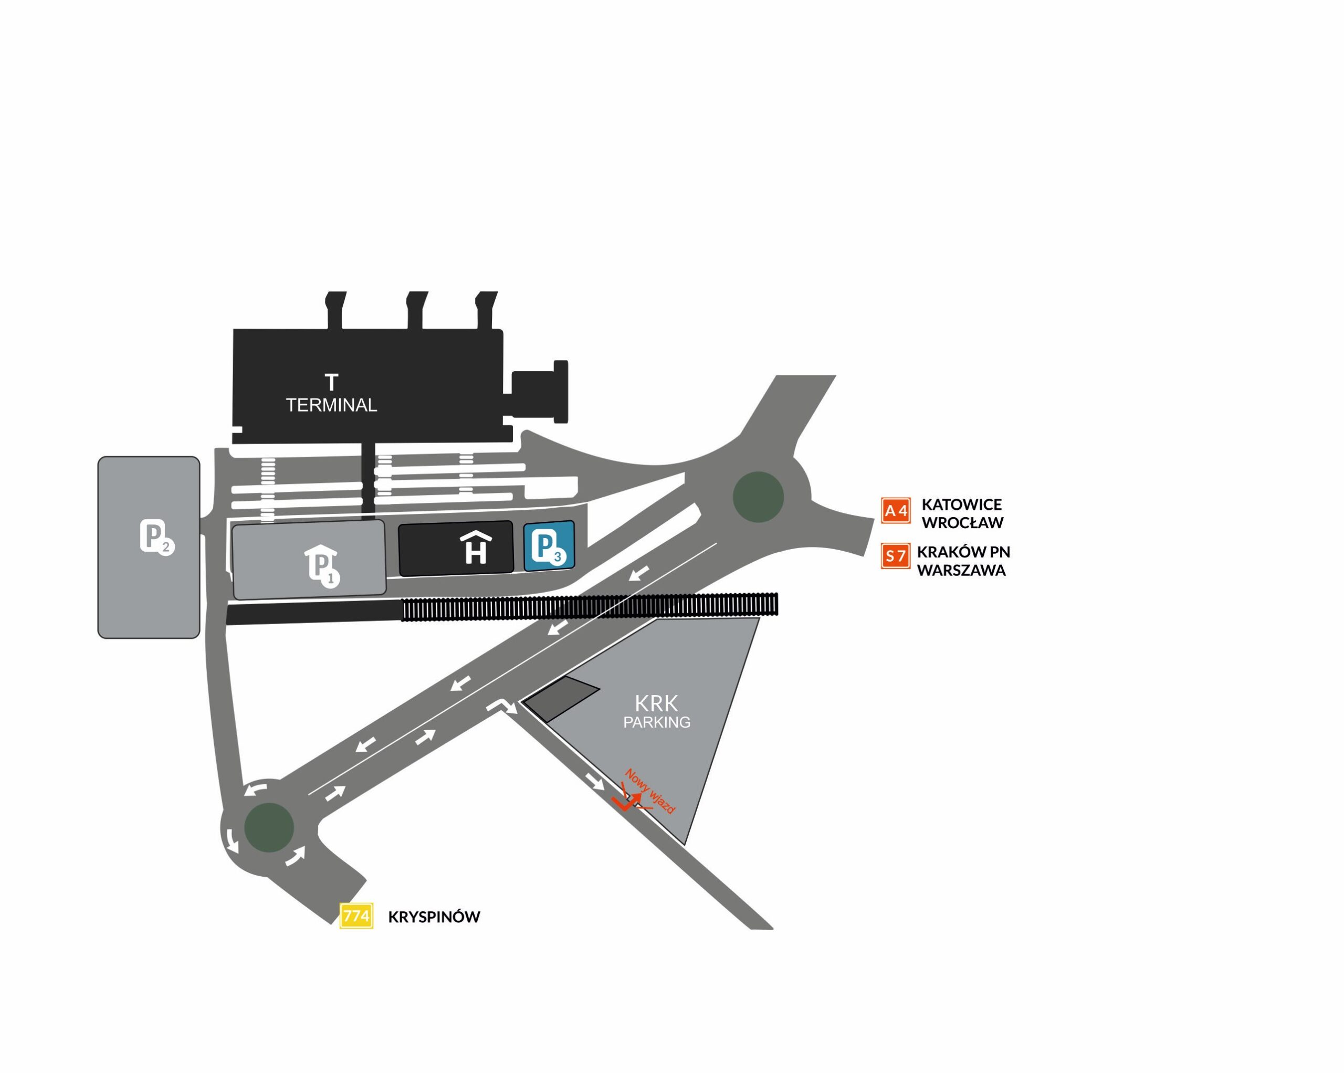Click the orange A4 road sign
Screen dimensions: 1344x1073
tap(896, 511)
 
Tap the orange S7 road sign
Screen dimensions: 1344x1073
tap(896, 555)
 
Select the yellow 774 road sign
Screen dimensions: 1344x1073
tap(356, 916)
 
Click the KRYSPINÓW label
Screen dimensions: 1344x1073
tap(434, 917)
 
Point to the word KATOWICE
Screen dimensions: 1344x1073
tap(962, 504)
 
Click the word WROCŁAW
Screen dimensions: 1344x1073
tap(962, 522)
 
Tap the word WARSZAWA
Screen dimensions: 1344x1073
tap(961, 571)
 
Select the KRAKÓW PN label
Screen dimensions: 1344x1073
tap(963, 552)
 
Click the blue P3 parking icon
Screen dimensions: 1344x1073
tap(549, 545)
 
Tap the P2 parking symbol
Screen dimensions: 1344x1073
tap(156, 536)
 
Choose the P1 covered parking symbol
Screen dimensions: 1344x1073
tap(322, 566)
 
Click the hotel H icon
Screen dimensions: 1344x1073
tap(476, 548)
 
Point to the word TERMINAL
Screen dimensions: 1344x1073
tap(331, 405)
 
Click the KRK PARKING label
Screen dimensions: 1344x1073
tap(656, 711)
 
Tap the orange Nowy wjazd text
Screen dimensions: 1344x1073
tap(650, 791)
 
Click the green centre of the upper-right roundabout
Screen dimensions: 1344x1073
tap(758, 497)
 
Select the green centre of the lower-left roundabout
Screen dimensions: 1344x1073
tap(269, 827)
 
